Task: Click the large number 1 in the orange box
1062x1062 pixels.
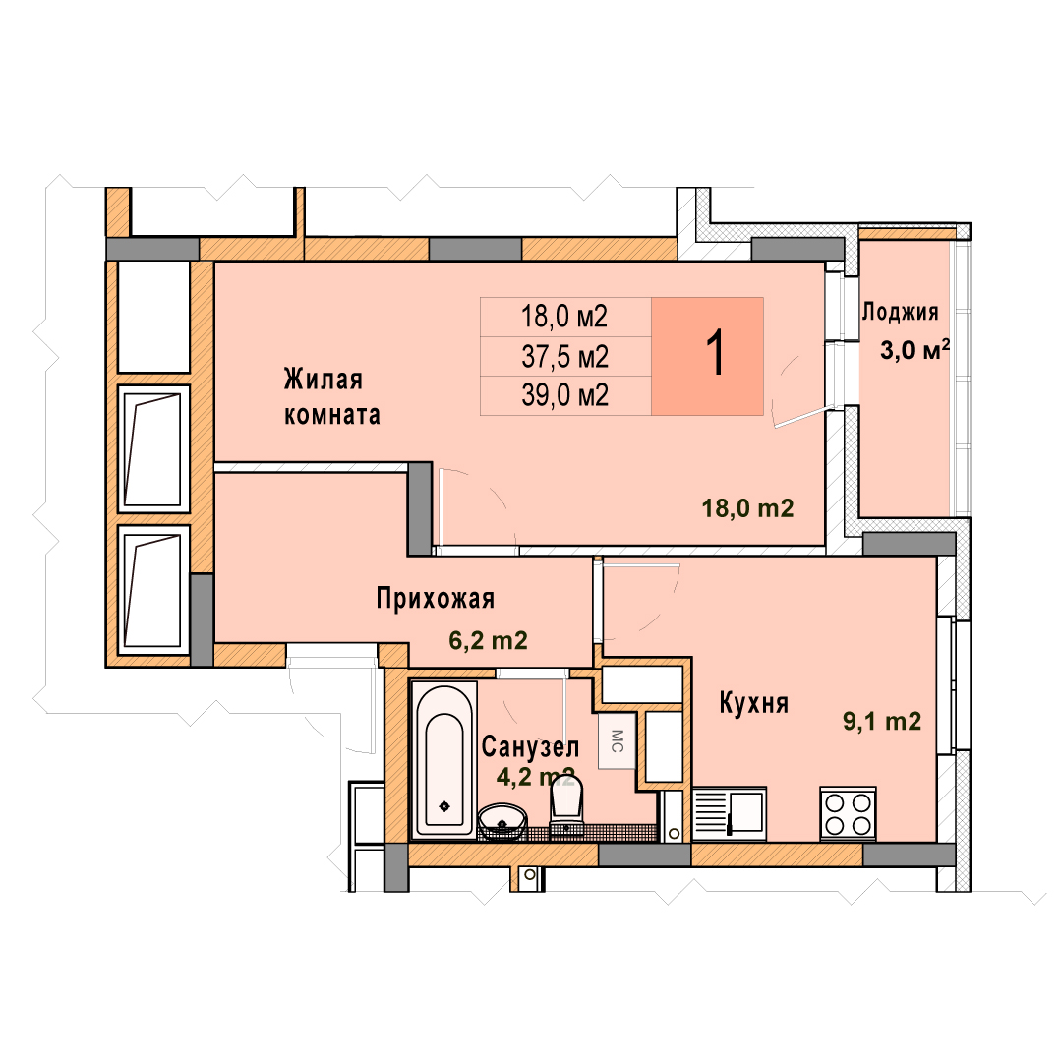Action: click(x=715, y=353)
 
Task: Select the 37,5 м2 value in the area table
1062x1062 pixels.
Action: click(x=564, y=356)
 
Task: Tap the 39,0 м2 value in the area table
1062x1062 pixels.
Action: click(x=564, y=395)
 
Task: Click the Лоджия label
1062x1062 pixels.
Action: click(x=900, y=312)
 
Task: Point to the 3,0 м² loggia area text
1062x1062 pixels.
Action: click(x=915, y=349)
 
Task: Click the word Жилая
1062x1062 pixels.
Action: click(x=324, y=379)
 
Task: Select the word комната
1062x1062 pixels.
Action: click(x=332, y=415)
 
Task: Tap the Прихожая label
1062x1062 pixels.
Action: click(x=436, y=599)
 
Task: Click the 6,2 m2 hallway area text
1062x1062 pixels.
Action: click(x=488, y=640)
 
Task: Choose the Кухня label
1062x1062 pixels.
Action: click(x=754, y=703)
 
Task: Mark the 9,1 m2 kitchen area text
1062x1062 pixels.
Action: click(x=882, y=722)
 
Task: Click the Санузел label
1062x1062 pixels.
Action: click(x=530, y=747)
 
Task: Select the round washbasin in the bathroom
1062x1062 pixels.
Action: click(x=502, y=821)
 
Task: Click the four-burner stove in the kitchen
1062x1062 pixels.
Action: click(x=848, y=813)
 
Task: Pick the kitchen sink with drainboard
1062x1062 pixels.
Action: click(x=730, y=813)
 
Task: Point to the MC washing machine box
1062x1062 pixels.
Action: click(x=617, y=740)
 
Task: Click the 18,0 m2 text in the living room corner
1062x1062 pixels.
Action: click(x=747, y=508)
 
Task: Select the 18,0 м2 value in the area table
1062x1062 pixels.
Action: click(x=564, y=317)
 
